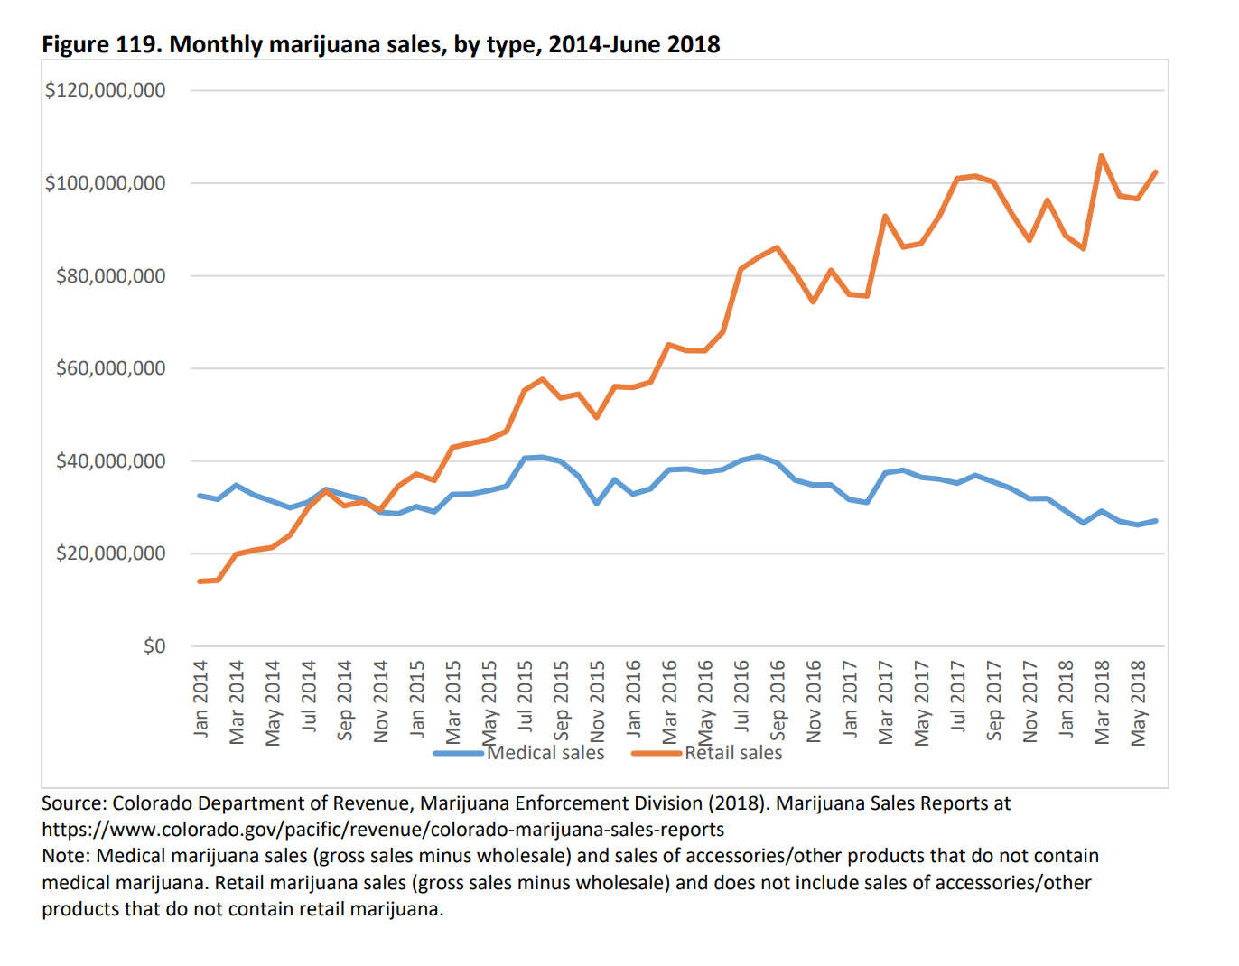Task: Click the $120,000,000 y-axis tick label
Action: [x=105, y=90]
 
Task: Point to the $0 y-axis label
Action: [x=154, y=646]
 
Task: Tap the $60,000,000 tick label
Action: [x=110, y=368]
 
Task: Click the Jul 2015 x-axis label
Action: [x=525, y=696]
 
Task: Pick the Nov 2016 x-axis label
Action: [x=814, y=701]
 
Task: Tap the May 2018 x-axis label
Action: [x=1139, y=702]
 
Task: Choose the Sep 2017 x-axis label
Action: [x=994, y=700]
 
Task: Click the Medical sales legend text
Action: [x=545, y=753]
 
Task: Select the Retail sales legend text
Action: [x=733, y=753]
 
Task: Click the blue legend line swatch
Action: [x=459, y=753]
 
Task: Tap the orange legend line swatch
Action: [x=657, y=753]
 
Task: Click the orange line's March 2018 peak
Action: [x=1101, y=155]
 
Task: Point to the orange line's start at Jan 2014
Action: [x=200, y=581]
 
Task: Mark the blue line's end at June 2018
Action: [x=1156, y=521]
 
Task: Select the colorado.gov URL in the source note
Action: [x=383, y=830]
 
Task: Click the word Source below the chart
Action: [x=72, y=803]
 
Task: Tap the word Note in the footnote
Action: [x=63, y=856]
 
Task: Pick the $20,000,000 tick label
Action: [x=110, y=553]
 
